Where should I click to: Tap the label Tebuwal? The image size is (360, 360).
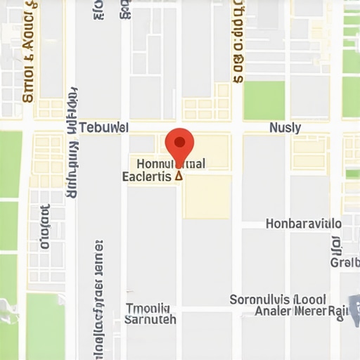[x=103, y=128]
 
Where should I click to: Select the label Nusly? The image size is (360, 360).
[x=285, y=128]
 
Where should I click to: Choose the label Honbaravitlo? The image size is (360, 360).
[x=304, y=224]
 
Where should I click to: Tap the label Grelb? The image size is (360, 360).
[x=345, y=263]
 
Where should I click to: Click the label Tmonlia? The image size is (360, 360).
[x=148, y=308]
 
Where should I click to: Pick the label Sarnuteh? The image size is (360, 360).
[x=150, y=319]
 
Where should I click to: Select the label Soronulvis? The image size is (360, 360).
[x=259, y=300]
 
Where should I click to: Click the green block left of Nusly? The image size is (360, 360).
[x=264, y=100]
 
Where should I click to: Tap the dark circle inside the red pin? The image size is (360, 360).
[x=179, y=142]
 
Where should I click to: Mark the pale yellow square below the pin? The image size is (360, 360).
[x=207, y=196]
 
